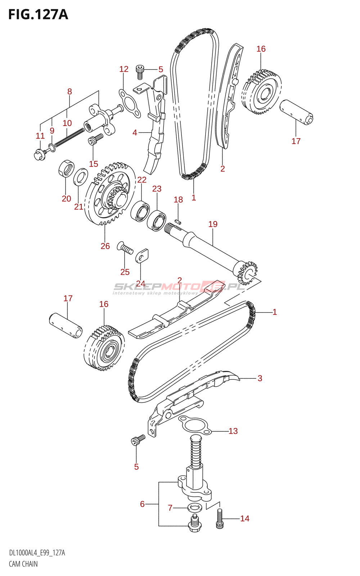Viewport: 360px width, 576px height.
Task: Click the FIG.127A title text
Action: tap(38, 14)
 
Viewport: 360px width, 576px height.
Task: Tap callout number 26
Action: tap(105, 246)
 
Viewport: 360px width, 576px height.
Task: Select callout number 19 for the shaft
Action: tap(213, 224)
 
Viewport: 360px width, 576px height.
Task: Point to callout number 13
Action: tap(233, 431)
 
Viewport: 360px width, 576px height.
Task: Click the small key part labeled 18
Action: tap(178, 221)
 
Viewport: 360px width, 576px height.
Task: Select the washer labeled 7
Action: tap(195, 508)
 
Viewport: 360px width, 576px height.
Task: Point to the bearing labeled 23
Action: tap(157, 220)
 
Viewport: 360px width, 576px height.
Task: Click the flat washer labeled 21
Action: tap(81, 177)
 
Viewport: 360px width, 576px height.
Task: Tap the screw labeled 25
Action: tap(125, 248)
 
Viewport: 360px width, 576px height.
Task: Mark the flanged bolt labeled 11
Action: tap(41, 154)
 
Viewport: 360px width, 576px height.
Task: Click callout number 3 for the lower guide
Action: tap(260, 378)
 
